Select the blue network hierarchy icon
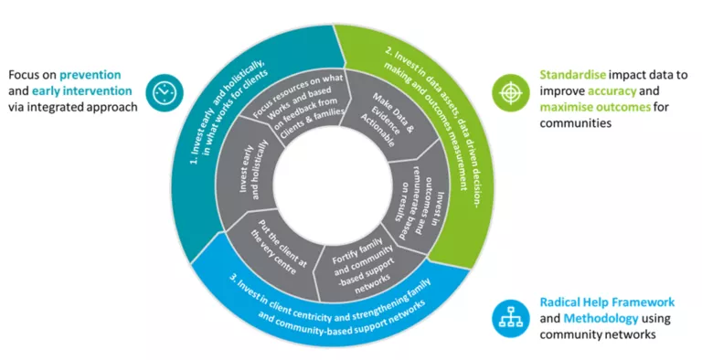click(x=506, y=315)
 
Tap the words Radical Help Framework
click(x=607, y=302)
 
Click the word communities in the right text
click(x=576, y=123)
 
